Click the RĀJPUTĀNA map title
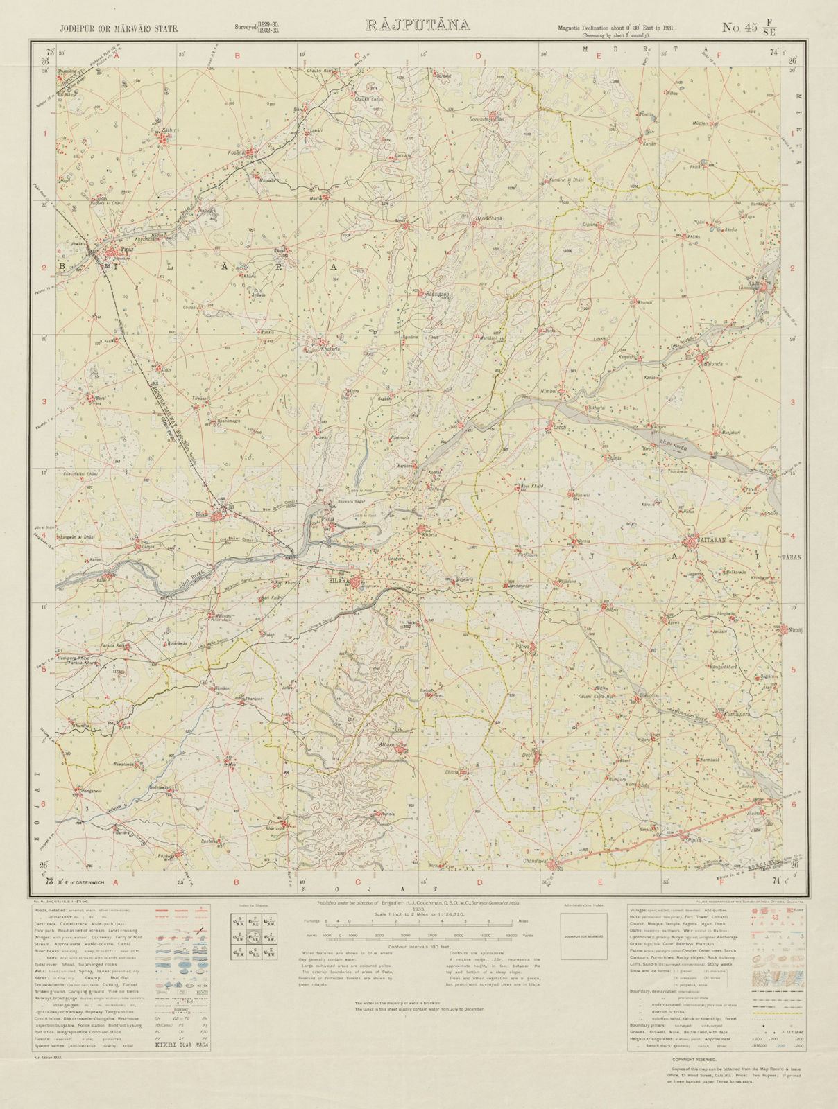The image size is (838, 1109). click(417, 26)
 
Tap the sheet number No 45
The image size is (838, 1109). click(740, 28)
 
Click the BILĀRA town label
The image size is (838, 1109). click(339, 582)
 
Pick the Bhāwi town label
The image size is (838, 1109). click(203, 515)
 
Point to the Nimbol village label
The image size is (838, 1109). click(549, 391)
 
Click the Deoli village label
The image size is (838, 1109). click(529, 755)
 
